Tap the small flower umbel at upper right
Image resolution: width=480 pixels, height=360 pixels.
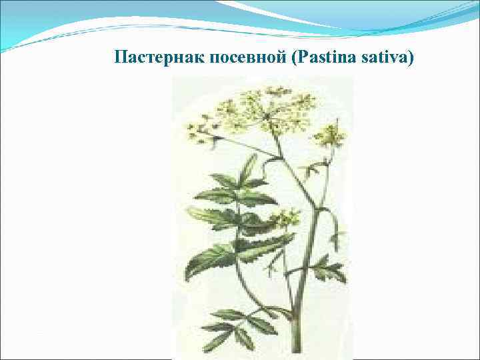pos(329,135)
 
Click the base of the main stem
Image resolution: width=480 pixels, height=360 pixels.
pos(297,350)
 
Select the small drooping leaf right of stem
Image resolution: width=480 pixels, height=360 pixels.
pos(337,237)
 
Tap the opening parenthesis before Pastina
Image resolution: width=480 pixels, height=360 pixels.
pos(295,58)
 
